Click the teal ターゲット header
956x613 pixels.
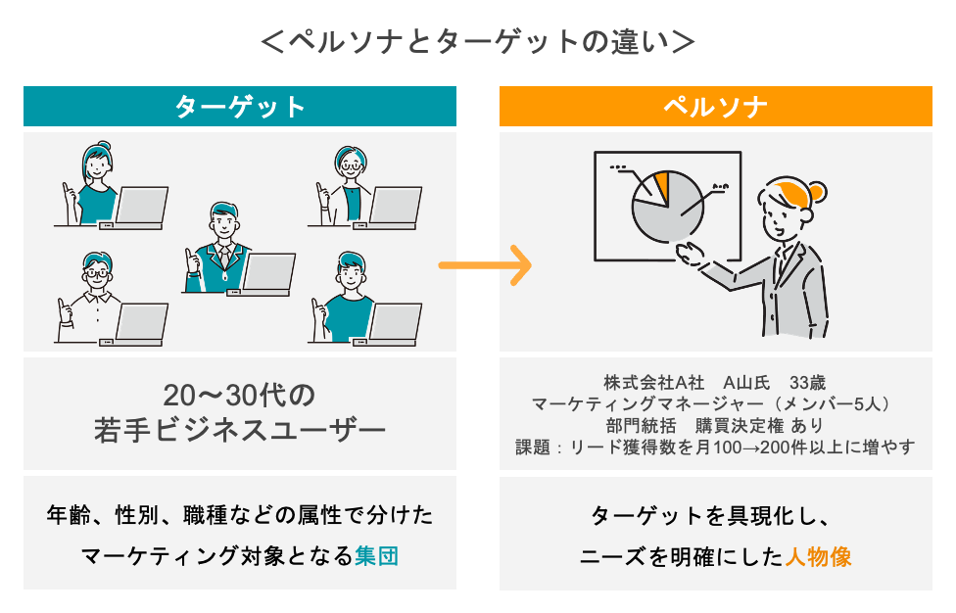point(240,107)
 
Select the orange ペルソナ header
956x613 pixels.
point(715,107)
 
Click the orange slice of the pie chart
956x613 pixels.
point(661,185)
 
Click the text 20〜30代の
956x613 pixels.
point(239,396)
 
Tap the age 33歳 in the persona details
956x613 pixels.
point(808,381)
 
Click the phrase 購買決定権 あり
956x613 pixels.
point(759,426)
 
